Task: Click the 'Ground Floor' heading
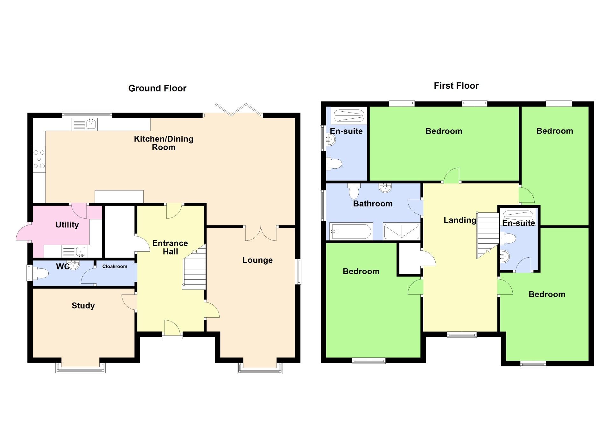(x=157, y=88)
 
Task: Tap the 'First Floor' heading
(x=456, y=86)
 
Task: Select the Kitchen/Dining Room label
(x=164, y=143)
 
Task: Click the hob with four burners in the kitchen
(x=39, y=159)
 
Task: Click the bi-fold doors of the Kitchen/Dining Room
(x=239, y=109)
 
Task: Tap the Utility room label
(x=67, y=225)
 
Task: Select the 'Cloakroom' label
(x=115, y=267)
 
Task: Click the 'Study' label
(x=83, y=306)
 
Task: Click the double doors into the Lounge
(x=261, y=233)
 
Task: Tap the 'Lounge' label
(x=257, y=260)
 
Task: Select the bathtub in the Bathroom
(x=351, y=231)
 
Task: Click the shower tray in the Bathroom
(x=402, y=231)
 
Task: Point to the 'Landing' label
(x=460, y=220)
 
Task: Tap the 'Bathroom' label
(x=373, y=204)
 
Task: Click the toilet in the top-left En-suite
(x=334, y=164)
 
